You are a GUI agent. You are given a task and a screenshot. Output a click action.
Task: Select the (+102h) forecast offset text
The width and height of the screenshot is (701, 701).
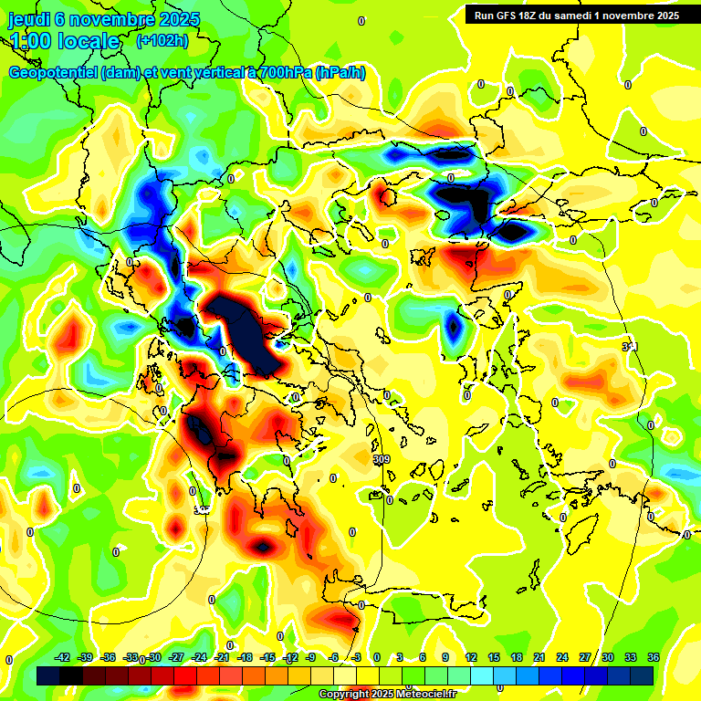(x=162, y=41)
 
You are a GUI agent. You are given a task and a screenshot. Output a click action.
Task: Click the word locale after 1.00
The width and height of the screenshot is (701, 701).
(x=87, y=41)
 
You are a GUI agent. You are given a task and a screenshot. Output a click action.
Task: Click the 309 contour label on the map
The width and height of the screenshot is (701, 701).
(x=382, y=459)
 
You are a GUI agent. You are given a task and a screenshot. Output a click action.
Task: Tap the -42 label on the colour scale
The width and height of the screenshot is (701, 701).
(x=63, y=657)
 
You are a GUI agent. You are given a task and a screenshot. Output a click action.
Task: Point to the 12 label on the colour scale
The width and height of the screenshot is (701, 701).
(x=471, y=657)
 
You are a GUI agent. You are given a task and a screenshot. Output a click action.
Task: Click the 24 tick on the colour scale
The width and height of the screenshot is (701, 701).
(x=562, y=657)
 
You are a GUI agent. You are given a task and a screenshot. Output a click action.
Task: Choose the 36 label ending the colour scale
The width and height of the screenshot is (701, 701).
(x=653, y=657)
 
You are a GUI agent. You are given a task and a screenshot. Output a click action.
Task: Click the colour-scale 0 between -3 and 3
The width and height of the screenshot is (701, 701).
(x=376, y=657)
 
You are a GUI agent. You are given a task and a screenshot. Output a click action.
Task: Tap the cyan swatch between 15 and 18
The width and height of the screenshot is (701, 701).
(x=505, y=675)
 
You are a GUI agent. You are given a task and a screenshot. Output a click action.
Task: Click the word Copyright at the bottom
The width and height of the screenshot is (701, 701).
(x=344, y=695)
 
